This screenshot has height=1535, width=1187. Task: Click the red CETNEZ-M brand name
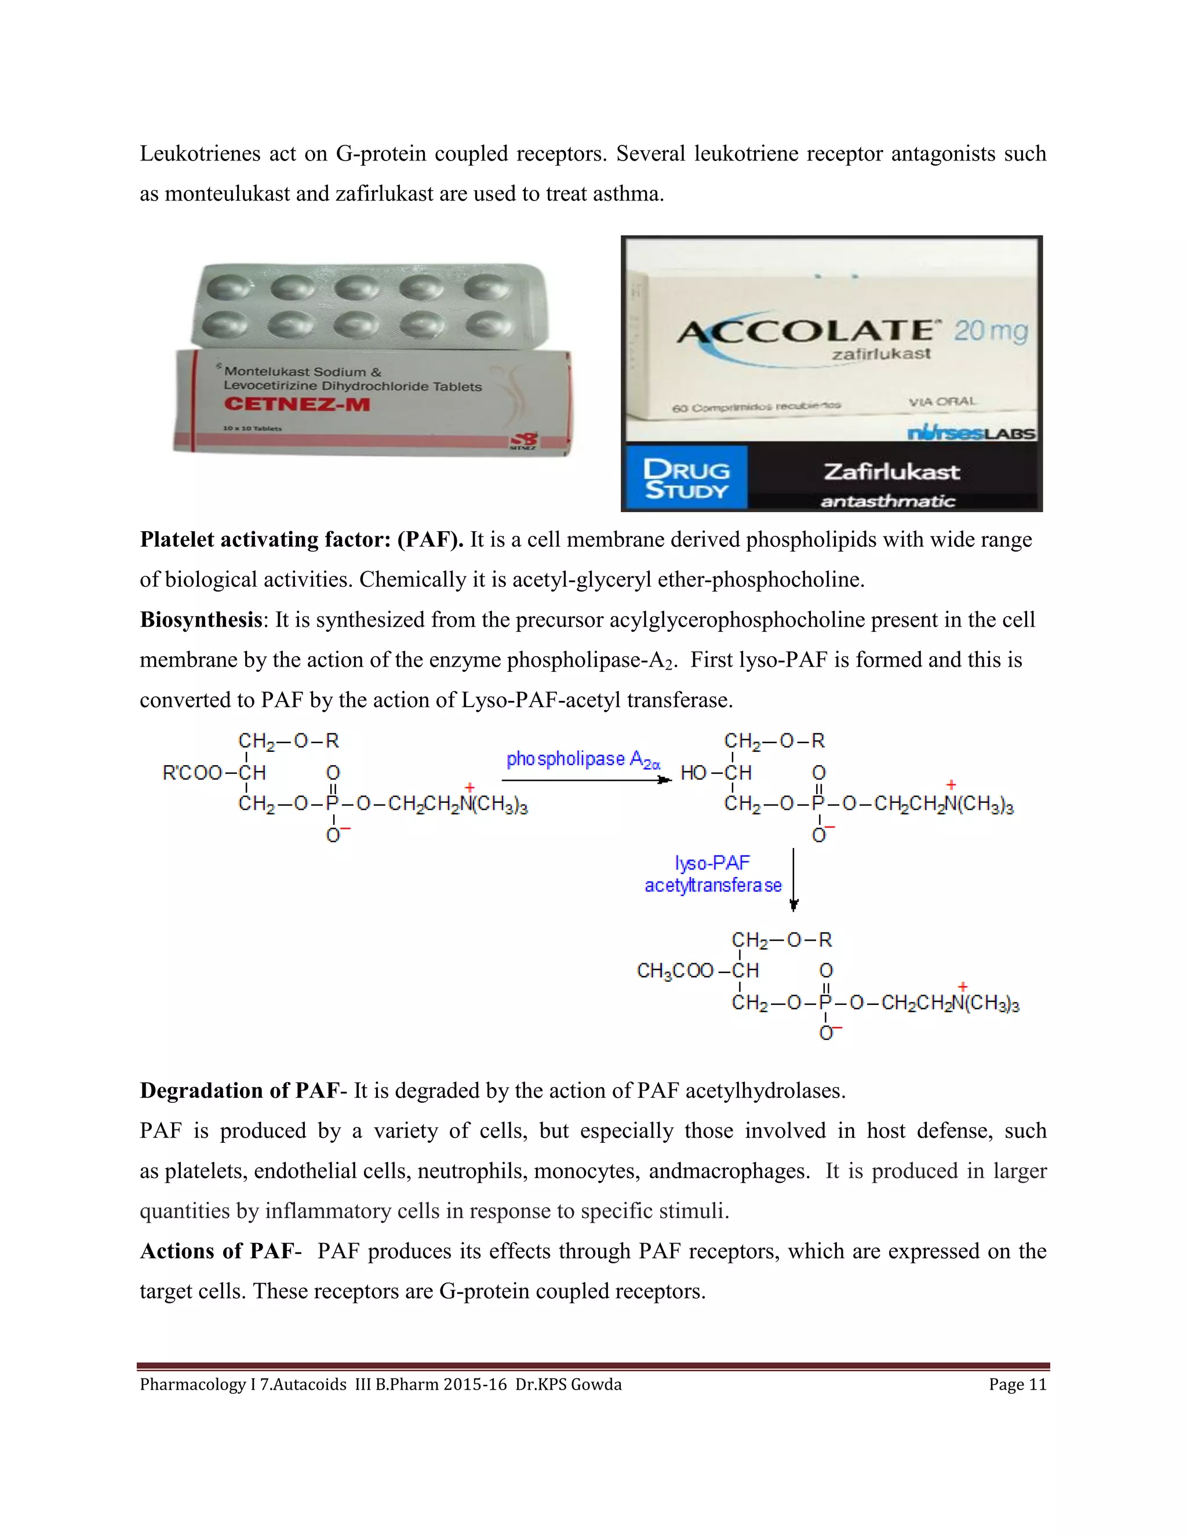coord(296,404)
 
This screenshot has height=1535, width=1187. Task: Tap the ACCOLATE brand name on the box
coord(804,332)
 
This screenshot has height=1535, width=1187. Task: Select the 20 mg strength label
coord(990,330)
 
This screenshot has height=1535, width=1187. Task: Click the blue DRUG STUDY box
coord(686,478)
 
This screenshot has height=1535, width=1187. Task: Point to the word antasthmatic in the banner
coord(887,501)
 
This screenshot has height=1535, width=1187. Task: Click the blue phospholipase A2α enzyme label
coord(583,760)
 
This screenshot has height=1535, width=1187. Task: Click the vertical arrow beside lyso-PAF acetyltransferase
coord(793,879)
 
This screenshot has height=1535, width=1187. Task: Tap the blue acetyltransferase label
coord(712,886)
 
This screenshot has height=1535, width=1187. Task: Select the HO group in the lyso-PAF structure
coord(693,773)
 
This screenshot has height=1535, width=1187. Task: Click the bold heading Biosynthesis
coord(201,620)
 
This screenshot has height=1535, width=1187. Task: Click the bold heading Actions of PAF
coord(217,1251)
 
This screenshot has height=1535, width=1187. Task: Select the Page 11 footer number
coord(1017,1384)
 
